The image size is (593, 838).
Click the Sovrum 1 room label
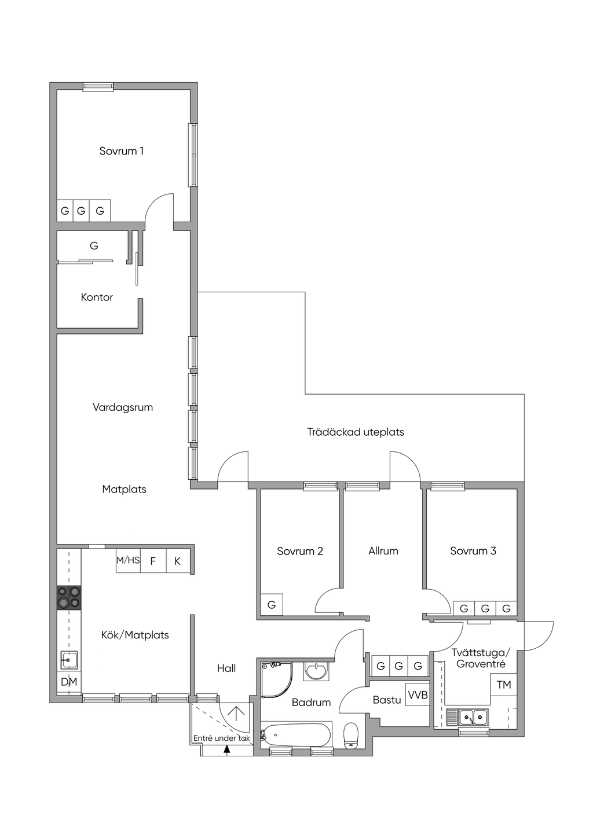pyautogui.click(x=121, y=151)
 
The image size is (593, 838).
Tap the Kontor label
pyautogui.click(x=97, y=297)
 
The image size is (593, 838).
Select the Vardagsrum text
pyautogui.click(x=123, y=407)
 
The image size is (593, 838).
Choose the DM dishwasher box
pyautogui.click(x=69, y=693)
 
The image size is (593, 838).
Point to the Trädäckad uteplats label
pyautogui.click(x=356, y=432)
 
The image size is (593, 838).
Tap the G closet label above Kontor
pyautogui.click(x=94, y=246)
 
